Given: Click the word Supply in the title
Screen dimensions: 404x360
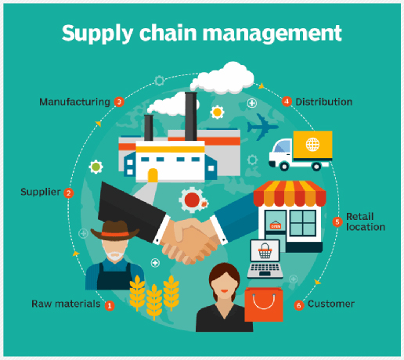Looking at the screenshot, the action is click(98, 34).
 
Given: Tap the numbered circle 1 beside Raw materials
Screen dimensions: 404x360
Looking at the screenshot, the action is click(110, 305).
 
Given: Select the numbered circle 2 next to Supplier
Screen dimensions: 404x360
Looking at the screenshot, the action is click(69, 193).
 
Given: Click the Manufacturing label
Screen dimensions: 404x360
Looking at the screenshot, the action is click(74, 102).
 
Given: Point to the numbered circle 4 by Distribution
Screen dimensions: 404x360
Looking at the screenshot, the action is click(287, 102).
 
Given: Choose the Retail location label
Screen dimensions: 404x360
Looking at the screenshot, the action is click(366, 221).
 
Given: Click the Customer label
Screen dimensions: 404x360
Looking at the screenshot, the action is click(331, 304).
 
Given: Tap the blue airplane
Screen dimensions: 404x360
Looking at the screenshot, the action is click(262, 127).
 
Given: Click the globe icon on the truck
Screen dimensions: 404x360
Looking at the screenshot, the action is click(312, 144).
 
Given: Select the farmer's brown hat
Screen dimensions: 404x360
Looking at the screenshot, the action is click(115, 231).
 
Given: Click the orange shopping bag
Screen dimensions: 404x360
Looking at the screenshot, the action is click(264, 304).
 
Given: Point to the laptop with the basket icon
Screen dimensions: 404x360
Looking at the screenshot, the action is click(265, 259).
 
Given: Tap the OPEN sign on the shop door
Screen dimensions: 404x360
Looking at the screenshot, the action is click(276, 225).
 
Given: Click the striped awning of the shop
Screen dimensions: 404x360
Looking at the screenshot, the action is click(290, 193).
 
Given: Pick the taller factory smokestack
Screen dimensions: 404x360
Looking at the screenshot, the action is click(191, 117).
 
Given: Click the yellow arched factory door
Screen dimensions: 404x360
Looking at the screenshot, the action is click(153, 175).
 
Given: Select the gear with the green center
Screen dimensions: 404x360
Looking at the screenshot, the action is click(96, 167).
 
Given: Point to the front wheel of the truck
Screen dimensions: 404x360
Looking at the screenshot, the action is click(284, 166).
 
